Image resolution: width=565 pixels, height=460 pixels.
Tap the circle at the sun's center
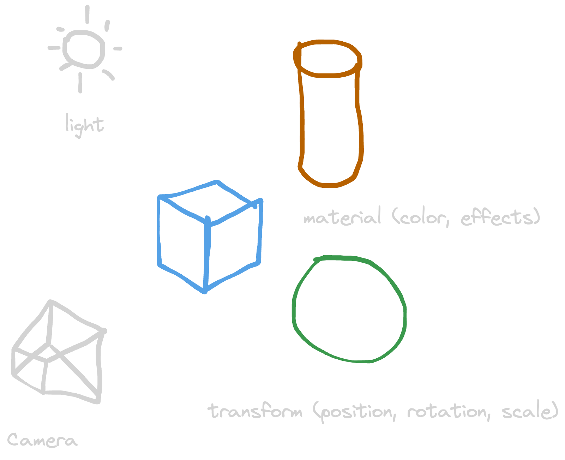[x=84, y=49]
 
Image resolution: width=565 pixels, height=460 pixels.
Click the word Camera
[x=42, y=440]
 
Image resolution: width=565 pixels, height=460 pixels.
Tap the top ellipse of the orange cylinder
[x=327, y=59]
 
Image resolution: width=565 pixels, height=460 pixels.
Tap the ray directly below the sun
[x=80, y=83]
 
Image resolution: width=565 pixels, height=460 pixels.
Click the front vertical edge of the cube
[x=206, y=254]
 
